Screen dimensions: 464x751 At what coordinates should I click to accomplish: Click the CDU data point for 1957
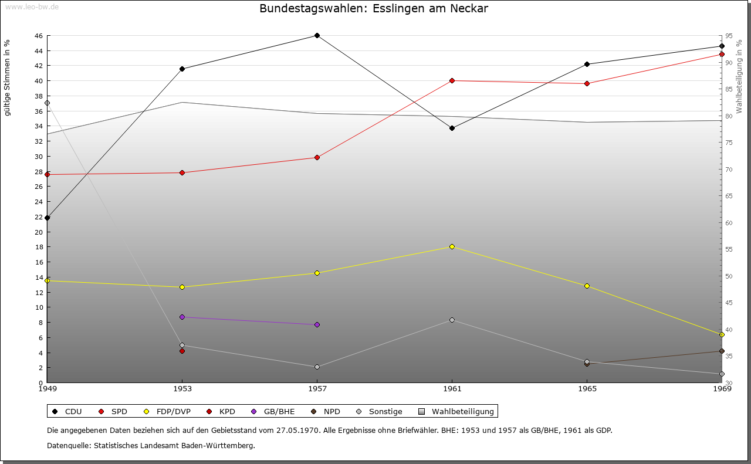pos(317,35)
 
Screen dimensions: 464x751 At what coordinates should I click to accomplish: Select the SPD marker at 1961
pos(452,80)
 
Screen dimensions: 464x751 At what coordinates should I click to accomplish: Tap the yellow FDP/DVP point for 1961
pos(452,246)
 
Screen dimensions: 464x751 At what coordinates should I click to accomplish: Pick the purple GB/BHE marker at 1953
pos(182,317)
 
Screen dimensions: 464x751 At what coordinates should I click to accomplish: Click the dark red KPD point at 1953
pos(182,351)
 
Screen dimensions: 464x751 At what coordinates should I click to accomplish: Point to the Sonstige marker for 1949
pos(47,103)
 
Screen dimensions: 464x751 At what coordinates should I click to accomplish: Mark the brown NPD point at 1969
pos(722,351)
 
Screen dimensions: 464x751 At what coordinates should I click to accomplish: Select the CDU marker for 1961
pos(452,128)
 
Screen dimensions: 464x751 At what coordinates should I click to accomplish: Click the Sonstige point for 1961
pos(452,320)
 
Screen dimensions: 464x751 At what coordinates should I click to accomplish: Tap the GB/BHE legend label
pos(279,411)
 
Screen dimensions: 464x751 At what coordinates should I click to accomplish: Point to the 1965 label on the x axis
pos(587,388)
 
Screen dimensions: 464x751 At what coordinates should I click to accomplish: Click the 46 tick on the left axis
pos(38,36)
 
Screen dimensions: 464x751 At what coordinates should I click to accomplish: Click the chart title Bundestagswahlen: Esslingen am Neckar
pos(374,9)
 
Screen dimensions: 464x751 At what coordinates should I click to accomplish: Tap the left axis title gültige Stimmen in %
pos(7,77)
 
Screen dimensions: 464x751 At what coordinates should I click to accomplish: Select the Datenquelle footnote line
pos(151,445)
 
